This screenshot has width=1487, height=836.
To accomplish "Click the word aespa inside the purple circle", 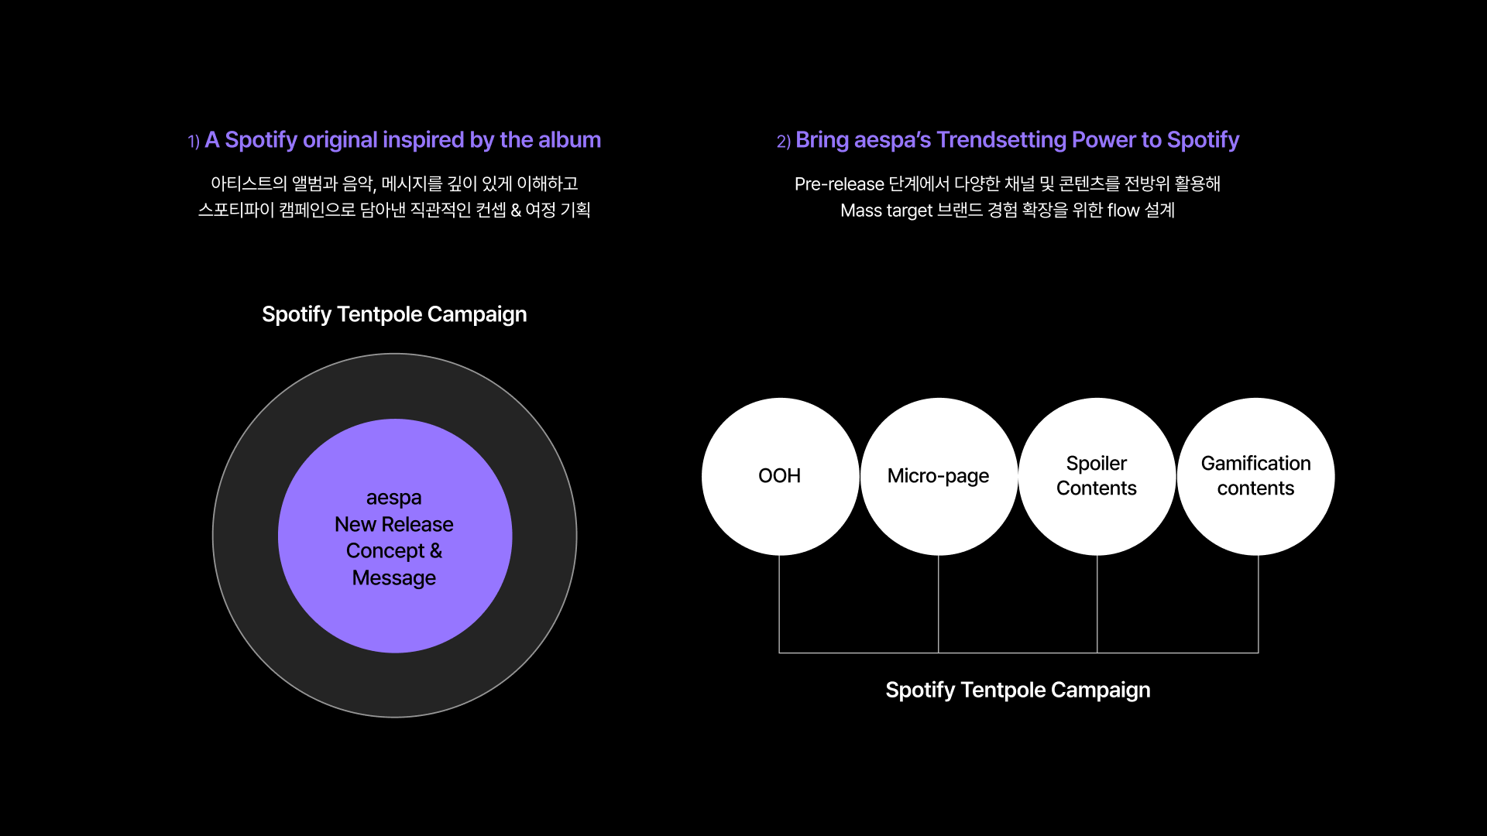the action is click(x=394, y=498).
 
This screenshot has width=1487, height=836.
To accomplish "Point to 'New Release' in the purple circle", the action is click(x=394, y=524).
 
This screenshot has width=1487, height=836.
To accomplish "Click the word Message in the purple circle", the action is click(x=394, y=578).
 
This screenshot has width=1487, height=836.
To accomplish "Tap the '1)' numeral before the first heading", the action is click(x=194, y=141).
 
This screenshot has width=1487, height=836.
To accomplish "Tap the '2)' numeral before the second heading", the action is click(x=784, y=141).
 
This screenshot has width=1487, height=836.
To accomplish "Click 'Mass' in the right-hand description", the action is click(x=860, y=211).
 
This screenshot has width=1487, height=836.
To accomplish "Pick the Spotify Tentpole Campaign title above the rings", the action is click(x=394, y=314).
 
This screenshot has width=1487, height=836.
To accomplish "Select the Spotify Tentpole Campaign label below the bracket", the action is click(x=1018, y=690).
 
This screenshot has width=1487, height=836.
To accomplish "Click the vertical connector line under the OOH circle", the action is click(x=779, y=604).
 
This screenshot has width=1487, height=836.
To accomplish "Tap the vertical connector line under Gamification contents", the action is click(x=1259, y=604).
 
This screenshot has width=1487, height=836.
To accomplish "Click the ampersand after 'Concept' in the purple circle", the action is click(x=436, y=550).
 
